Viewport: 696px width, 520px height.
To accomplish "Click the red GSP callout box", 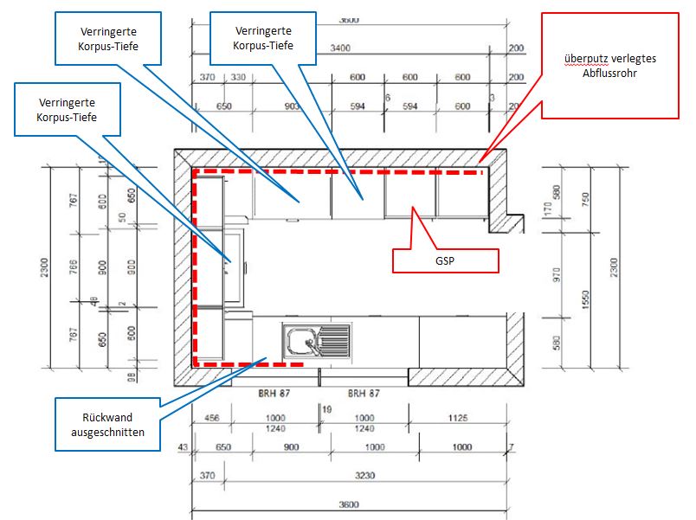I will [446, 260].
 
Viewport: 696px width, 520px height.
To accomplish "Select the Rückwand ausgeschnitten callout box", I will [108, 424].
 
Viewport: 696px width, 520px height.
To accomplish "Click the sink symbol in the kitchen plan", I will [317, 339].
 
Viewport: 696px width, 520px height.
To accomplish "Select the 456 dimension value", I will [210, 418].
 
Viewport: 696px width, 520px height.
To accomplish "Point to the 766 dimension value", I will [74, 266].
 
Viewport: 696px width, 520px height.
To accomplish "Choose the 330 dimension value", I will [237, 78].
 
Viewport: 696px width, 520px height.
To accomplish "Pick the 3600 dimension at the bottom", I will [349, 504].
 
